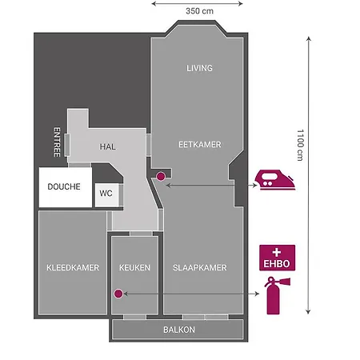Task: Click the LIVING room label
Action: click(x=199, y=68)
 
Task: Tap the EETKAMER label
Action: click(x=199, y=144)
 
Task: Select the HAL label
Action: click(x=109, y=147)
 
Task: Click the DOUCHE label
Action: click(x=63, y=186)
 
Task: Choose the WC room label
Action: click(x=105, y=193)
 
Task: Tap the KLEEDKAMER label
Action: click(x=73, y=267)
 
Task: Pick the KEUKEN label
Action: click(x=134, y=267)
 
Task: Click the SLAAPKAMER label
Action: click(x=200, y=267)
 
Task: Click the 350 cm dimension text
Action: click(x=199, y=12)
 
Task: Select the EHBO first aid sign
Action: click(x=277, y=258)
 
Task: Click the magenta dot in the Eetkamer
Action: click(x=160, y=176)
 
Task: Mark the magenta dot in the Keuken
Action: click(x=118, y=294)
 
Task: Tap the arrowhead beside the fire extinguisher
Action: click(x=257, y=294)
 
